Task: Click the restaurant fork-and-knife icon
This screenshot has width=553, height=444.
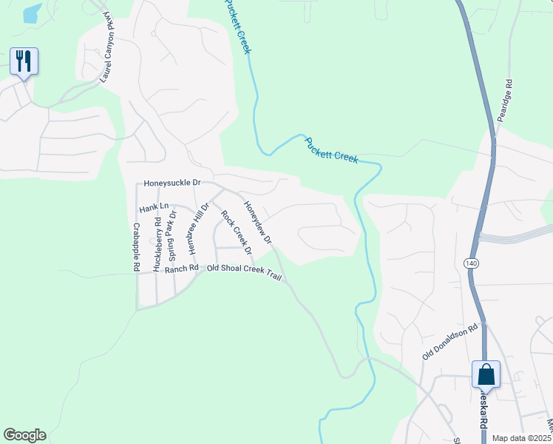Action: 24,61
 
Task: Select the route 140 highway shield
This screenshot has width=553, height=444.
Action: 471,263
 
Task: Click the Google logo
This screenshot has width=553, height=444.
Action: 24,435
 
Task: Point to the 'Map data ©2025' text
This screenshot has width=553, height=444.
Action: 521,438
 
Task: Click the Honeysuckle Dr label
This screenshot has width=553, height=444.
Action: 172,182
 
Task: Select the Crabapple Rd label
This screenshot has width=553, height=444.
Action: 137,248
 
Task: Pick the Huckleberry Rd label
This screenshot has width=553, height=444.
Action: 157,244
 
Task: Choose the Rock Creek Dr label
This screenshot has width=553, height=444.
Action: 237,232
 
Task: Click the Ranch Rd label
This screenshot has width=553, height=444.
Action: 182,269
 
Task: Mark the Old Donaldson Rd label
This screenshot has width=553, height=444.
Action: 451,342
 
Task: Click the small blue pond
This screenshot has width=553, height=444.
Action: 32,13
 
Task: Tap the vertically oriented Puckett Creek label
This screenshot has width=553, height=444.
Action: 237,27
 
